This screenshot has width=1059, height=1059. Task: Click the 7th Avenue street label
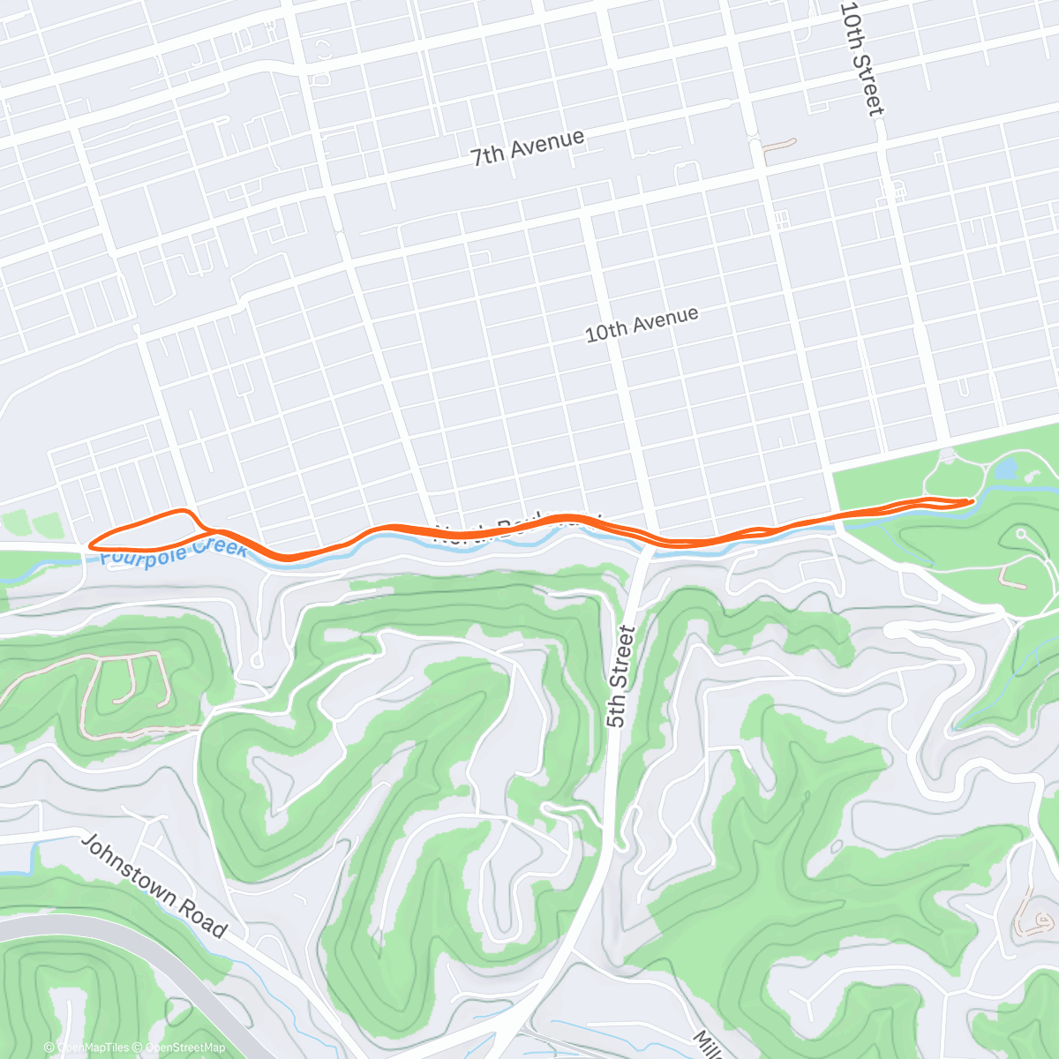(x=527, y=147)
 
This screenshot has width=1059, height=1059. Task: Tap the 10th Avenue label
(x=642, y=324)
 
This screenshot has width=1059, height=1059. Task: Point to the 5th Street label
(x=620, y=676)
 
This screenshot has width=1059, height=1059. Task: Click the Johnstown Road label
(x=154, y=885)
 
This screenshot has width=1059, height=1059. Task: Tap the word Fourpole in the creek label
(x=143, y=554)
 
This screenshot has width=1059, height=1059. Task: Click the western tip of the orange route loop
(x=90, y=545)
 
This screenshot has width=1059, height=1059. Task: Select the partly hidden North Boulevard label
(x=516, y=527)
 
